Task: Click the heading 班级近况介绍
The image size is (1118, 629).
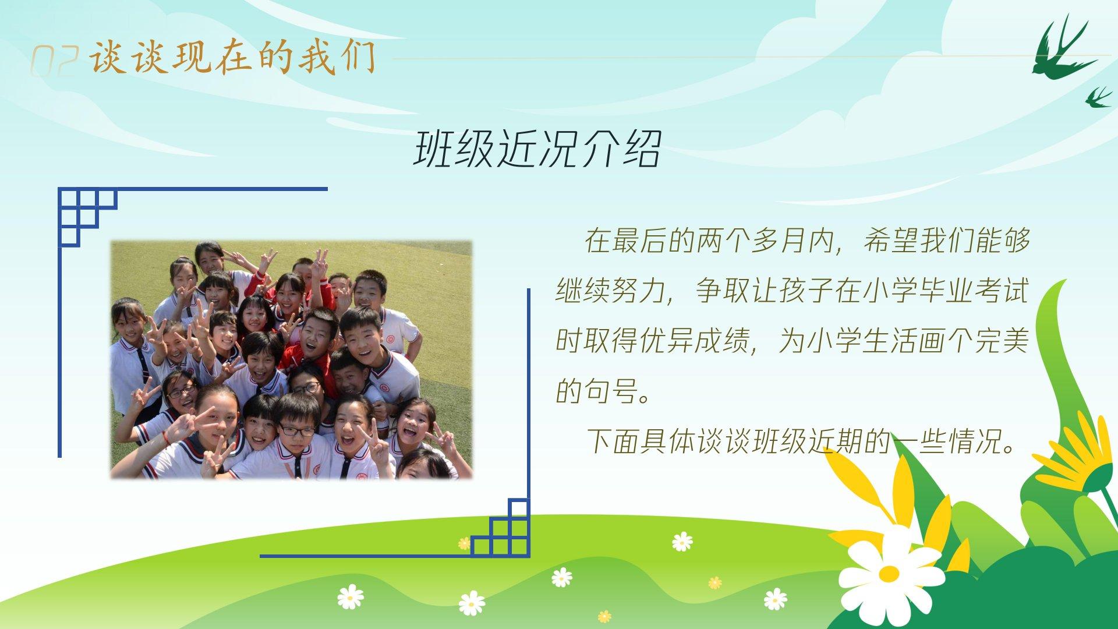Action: [x=537, y=149]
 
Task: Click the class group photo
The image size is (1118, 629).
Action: [x=291, y=360]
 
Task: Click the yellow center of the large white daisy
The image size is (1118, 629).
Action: [x=889, y=574]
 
